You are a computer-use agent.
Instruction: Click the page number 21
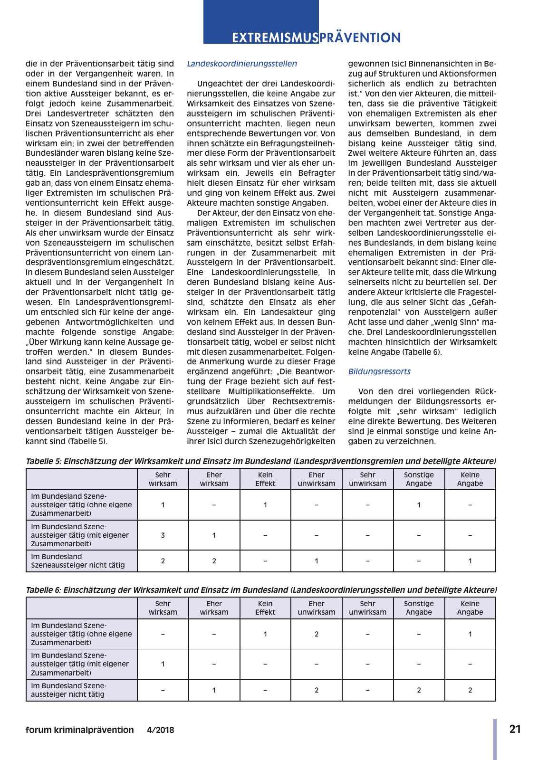[x=515, y=729]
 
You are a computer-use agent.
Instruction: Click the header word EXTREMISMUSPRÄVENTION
[x=316, y=38]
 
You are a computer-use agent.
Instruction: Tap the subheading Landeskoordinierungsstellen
[x=241, y=64]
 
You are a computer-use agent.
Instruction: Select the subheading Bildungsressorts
[x=379, y=371]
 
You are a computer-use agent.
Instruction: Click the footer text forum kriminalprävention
[x=79, y=730]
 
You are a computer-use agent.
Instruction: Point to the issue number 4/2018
[x=160, y=730]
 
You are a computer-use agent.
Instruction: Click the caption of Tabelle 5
[x=260, y=461]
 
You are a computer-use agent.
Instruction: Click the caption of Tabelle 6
[x=260, y=590]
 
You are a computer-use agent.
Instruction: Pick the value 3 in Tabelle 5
[x=163, y=535]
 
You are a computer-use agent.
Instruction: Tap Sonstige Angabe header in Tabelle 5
[x=419, y=479]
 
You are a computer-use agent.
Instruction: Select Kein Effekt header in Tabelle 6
[x=265, y=608]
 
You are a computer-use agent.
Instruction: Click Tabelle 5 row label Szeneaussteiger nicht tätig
[x=77, y=561]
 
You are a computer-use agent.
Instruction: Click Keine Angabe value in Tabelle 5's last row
[x=470, y=561]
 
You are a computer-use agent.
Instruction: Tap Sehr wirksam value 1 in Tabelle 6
[x=163, y=664]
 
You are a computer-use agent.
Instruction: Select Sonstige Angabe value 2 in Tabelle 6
[x=419, y=690]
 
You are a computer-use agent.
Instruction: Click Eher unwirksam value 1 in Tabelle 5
[x=317, y=561]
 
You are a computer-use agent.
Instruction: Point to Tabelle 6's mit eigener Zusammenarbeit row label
[x=80, y=664]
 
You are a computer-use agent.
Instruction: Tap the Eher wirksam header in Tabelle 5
[x=214, y=479]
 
